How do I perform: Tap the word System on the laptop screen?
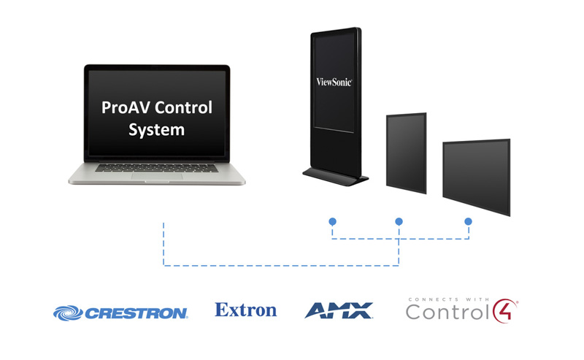tap(156, 131)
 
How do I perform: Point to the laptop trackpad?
tap(157, 176)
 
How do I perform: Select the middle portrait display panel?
tap(406, 152)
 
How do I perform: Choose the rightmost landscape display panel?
tap(476, 175)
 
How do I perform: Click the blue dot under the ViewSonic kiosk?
tap(332, 221)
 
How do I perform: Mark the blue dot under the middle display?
tap(399, 221)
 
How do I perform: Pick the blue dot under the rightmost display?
tap(468, 221)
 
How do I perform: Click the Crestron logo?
tap(121, 313)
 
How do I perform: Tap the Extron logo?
tap(246, 310)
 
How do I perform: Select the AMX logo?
tap(338, 310)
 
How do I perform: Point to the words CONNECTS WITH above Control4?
tap(445, 298)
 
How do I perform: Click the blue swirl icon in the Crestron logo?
tap(67, 313)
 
